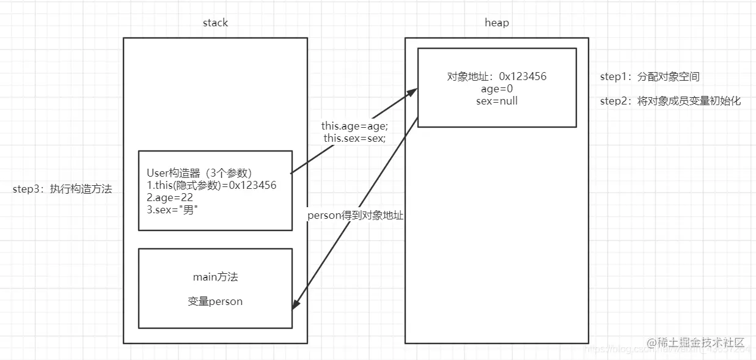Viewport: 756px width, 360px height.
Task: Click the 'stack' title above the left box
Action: coord(215,23)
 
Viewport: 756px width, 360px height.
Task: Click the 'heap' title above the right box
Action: coord(496,23)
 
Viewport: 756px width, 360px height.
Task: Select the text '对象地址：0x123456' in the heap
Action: coord(496,76)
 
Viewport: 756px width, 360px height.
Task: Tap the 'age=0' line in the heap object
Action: coord(496,89)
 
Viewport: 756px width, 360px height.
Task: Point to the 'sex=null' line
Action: coord(496,101)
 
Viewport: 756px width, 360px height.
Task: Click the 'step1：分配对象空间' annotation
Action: coord(650,77)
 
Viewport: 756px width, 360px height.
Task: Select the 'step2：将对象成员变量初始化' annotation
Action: coord(670,101)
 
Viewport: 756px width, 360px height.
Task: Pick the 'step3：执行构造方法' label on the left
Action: coord(62,189)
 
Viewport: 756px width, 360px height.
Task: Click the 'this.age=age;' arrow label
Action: coord(354,126)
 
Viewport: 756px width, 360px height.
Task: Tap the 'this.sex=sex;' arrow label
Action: coord(354,138)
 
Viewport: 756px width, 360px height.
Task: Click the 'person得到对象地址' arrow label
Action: coord(355,215)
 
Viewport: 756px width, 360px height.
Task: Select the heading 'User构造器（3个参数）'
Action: coord(199,173)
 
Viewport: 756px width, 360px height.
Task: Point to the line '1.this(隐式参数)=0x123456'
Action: coord(211,185)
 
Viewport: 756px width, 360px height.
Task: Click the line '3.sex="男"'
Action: coord(173,210)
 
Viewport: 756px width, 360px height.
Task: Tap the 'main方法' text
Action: coord(215,277)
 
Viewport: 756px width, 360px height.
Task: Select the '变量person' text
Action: coord(215,301)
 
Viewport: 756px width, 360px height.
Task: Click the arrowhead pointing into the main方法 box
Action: coord(295,305)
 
